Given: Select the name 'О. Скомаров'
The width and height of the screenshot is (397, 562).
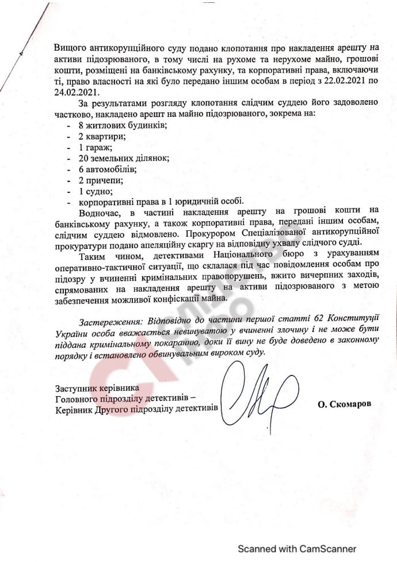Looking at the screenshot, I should tap(343, 404).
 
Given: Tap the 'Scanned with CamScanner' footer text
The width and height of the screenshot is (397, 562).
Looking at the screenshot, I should tap(297, 549).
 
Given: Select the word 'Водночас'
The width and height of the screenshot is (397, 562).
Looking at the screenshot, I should tap(100, 212).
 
